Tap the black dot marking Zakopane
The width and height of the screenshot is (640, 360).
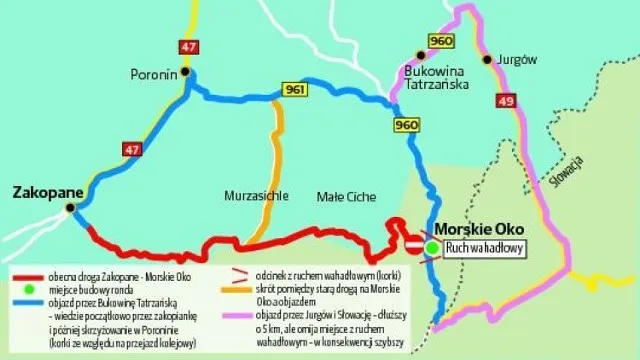(x=70, y=208)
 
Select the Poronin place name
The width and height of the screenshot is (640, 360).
(x=153, y=73)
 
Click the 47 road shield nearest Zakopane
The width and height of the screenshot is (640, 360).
(x=132, y=150)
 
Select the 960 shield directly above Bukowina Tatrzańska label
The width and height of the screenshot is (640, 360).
(x=440, y=40)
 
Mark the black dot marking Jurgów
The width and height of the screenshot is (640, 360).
(x=488, y=60)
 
